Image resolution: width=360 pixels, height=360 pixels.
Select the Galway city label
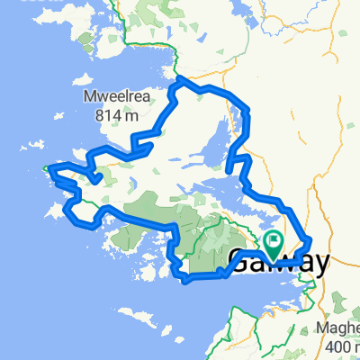[281, 262]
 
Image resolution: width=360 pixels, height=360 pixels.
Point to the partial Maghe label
[341, 329]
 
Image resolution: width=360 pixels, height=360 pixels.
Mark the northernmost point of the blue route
[181, 79]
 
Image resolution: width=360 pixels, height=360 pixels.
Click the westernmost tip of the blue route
[47, 166]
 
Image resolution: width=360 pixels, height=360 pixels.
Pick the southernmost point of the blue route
[186, 282]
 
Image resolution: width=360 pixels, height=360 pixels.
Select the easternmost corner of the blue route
[311, 241]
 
